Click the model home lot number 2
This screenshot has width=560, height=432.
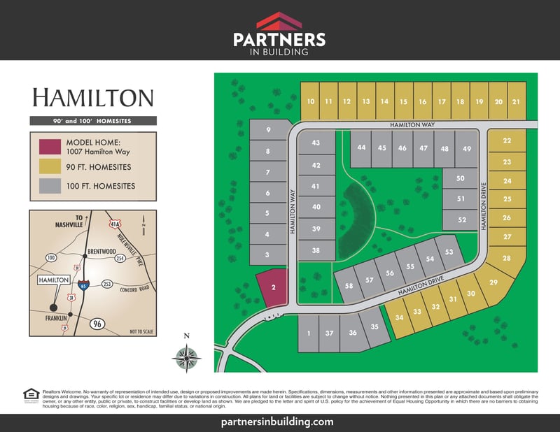point(273,287)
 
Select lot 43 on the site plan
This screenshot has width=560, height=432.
point(316,143)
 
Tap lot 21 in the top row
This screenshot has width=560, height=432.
point(516,102)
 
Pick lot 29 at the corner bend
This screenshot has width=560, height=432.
point(493,283)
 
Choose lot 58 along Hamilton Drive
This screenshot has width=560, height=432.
point(349,285)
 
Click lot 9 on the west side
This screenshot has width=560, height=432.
point(268,129)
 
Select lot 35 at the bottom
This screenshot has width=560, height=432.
point(374,327)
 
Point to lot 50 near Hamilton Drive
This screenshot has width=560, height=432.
point(460,179)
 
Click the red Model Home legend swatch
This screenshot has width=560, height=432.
point(50,147)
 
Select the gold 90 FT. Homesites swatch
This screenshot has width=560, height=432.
point(50,167)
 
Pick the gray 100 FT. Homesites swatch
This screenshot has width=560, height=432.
point(50,186)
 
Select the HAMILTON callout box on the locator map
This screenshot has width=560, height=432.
point(53,280)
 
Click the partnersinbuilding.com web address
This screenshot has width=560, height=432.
point(280,422)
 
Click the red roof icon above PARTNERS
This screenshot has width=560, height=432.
point(279,20)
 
